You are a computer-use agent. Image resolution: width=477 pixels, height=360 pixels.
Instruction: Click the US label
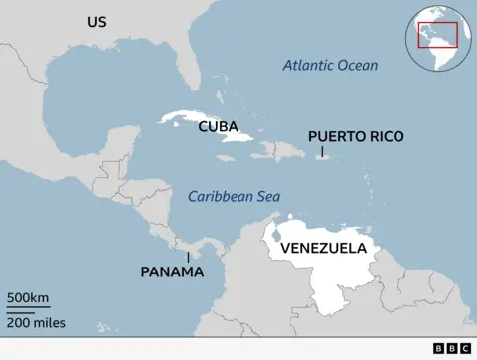[96, 22]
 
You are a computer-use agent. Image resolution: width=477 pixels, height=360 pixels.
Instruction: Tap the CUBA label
[218, 126]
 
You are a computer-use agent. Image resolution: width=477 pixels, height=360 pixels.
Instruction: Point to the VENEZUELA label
[323, 248]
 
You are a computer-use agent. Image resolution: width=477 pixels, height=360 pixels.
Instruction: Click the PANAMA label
[172, 271]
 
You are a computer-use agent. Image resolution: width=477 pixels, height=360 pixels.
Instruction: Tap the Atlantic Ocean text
[330, 65]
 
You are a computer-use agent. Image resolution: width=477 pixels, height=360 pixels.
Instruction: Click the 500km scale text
[29, 298]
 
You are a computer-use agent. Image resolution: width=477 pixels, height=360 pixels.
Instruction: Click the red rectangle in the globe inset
[437, 33]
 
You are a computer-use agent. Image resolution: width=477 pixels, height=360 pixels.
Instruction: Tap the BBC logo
[452, 349]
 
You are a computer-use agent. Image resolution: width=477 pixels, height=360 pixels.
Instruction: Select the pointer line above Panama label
[189, 256]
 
